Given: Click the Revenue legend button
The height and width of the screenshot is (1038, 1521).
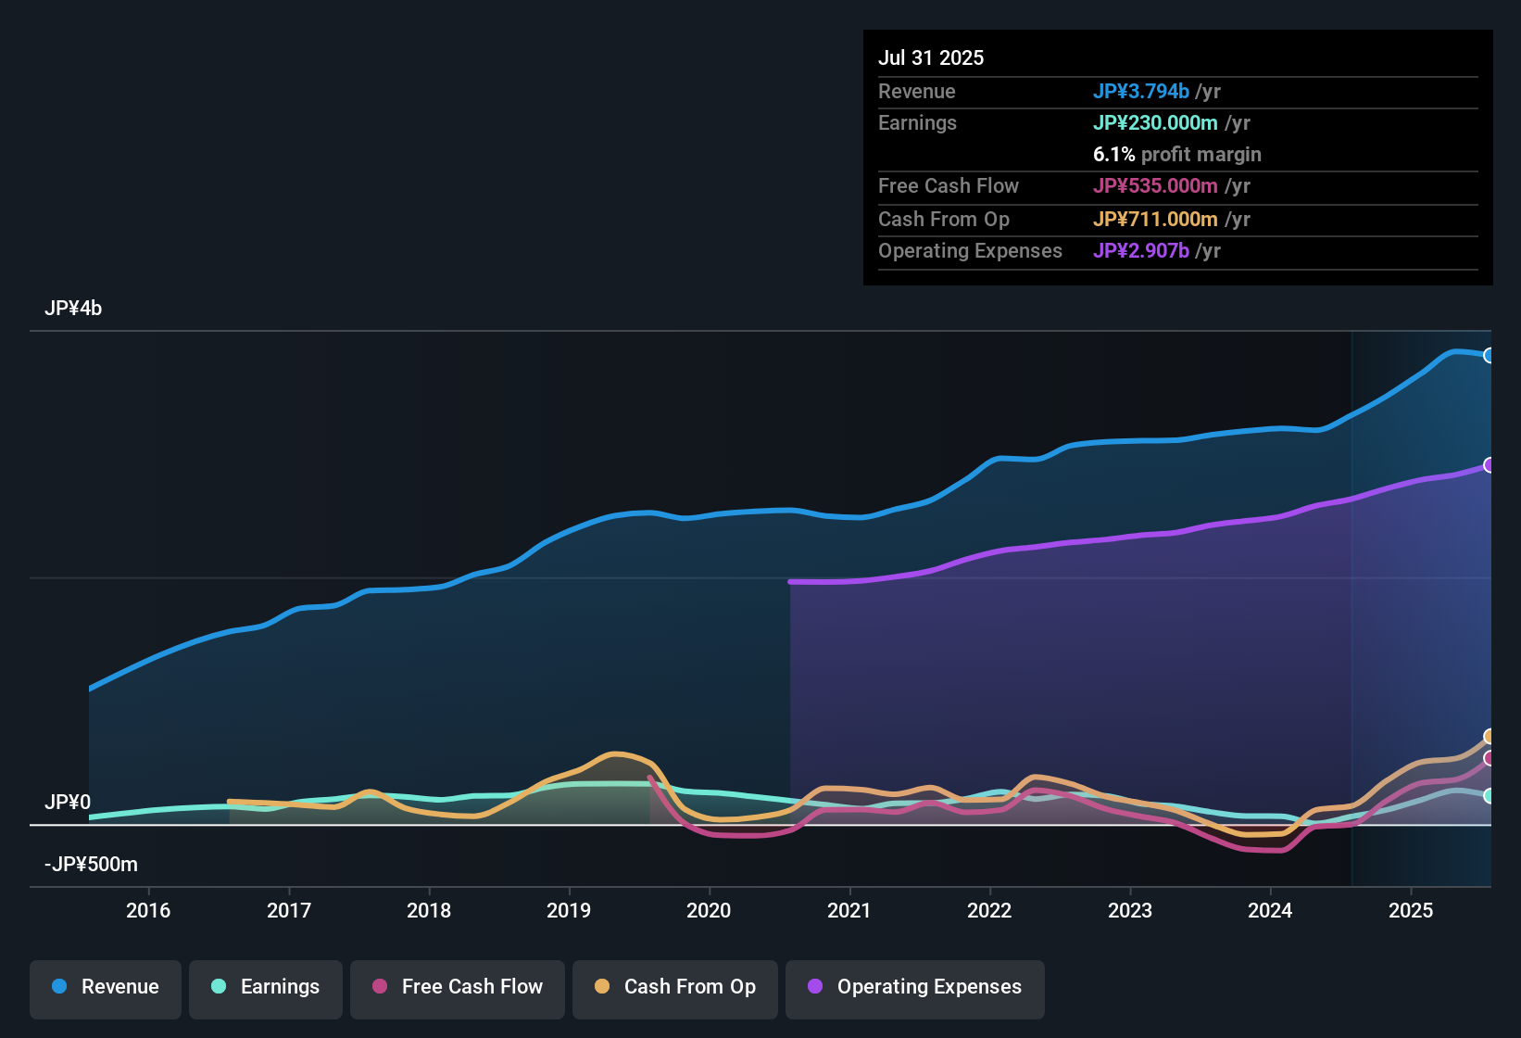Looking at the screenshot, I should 106,987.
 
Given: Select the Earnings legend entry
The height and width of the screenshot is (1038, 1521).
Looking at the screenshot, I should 266,987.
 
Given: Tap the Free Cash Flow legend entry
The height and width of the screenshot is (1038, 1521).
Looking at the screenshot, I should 458,987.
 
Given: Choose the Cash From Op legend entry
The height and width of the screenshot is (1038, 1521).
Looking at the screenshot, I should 675,987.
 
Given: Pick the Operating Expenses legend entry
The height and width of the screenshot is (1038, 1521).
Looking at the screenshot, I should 915,987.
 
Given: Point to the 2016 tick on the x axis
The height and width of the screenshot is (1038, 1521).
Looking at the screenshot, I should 148,910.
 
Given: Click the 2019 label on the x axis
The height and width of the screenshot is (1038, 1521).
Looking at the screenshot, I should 569,910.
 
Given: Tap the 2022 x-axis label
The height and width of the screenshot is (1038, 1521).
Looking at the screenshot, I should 989,910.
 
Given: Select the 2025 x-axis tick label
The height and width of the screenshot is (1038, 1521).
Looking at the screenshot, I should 1410,910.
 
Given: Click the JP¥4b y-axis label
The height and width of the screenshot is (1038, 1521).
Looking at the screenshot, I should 73,309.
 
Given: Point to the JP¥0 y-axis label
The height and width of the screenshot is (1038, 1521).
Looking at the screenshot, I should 68,802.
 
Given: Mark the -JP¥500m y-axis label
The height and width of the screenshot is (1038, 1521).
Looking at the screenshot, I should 91,865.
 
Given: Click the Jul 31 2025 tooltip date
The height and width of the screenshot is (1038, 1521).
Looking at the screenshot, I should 931,57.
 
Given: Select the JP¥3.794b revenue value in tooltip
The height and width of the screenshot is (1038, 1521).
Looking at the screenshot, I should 1140,91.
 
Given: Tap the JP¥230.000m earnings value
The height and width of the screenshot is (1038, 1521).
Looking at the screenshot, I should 1155,122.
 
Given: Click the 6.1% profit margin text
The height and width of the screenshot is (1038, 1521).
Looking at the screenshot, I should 1176,154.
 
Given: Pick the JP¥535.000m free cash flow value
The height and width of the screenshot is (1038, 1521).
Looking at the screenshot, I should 1155,185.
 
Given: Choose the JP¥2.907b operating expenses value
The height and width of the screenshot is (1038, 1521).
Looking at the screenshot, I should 1140,250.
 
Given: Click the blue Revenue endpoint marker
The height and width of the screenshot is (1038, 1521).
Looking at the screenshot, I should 1489,355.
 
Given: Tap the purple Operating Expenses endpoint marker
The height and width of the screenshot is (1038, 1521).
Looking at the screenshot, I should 1489,465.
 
